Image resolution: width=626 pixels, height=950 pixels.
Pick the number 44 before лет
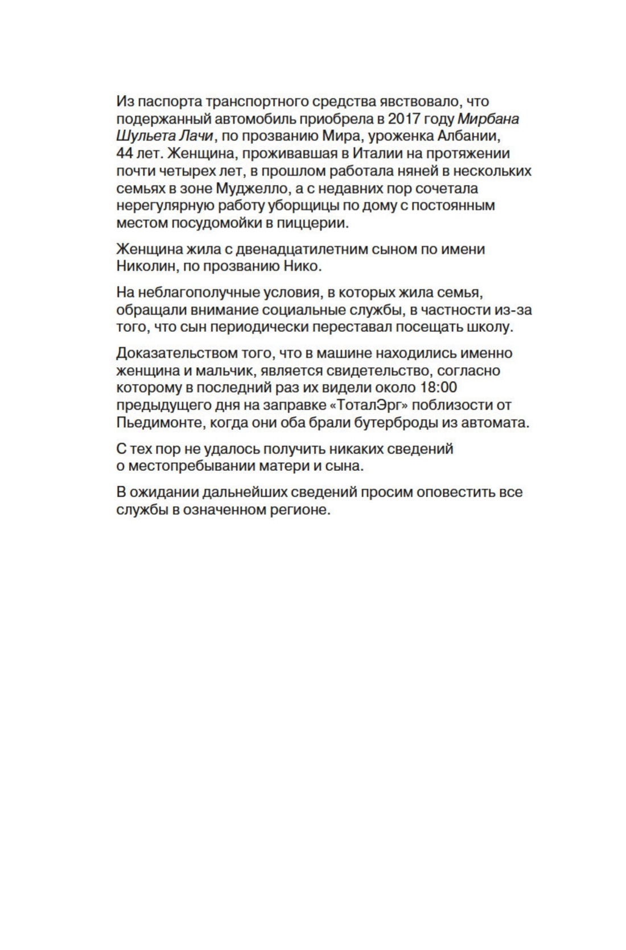[x=125, y=153]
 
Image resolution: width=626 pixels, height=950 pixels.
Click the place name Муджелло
[x=252, y=188]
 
